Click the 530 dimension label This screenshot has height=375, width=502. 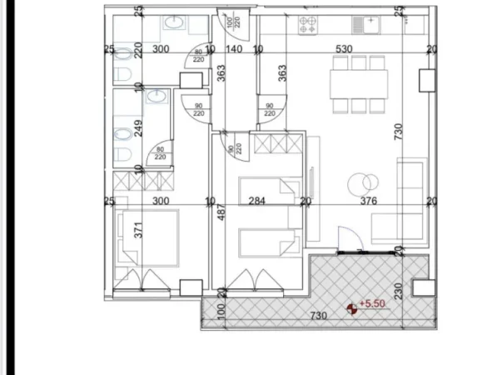click(343, 49)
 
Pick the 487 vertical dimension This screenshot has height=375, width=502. click(221, 218)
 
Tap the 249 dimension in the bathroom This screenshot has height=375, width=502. click(139, 129)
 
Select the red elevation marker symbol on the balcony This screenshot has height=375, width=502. click(352, 308)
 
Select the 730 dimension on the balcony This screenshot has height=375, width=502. click(315, 315)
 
